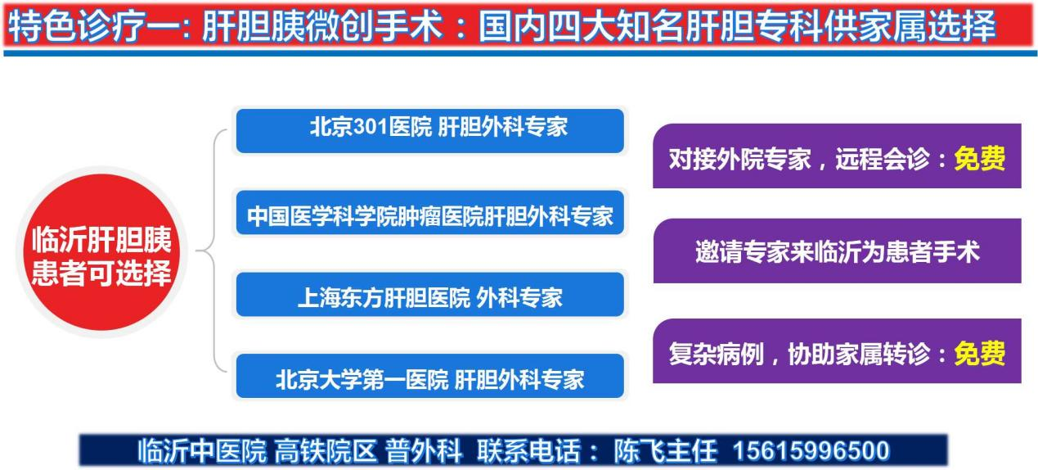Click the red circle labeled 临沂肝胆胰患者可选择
pos(101,252)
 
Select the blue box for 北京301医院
pos(430,131)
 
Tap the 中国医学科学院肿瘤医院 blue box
pos(430,213)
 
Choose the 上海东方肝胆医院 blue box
pos(430,295)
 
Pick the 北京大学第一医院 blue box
pos(430,377)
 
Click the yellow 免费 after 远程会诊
pos(980,159)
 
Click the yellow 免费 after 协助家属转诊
pos(980,354)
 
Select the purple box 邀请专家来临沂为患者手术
pos(838,251)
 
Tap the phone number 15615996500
pos(811,450)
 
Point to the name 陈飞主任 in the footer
pos(666,450)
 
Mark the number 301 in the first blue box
pos(371,127)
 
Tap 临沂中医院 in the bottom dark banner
pos(202,450)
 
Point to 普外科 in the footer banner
pos(424,450)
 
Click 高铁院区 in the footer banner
pos(326,450)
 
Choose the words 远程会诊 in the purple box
pos(883,159)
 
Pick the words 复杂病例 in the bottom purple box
pos(716,354)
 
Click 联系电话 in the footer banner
pos(529,450)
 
